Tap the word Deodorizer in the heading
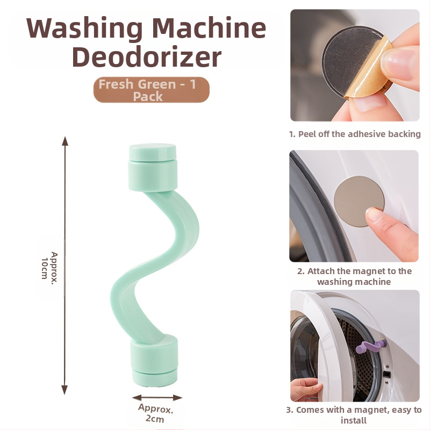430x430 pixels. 147,57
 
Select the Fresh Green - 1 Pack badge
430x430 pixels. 152,90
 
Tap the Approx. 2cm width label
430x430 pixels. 155,413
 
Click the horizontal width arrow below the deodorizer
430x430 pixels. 157,398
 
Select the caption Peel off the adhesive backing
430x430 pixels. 355,134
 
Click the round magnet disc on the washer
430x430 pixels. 359,201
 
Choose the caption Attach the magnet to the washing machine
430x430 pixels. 354,276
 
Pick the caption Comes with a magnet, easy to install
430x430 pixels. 354,415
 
